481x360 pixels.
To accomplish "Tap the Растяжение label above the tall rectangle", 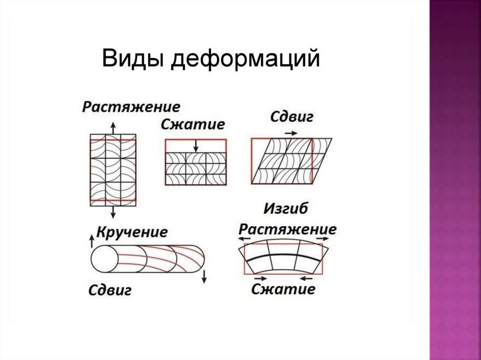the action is pyautogui.click(x=131, y=107).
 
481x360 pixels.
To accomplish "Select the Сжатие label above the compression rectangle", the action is pyautogui.click(x=193, y=124).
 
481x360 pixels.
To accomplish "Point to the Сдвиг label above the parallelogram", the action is pyautogui.click(x=291, y=117).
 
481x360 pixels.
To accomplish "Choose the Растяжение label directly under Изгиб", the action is pyautogui.click(x=287, y=230).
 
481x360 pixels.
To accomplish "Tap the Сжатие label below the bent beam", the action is pyautogui.click(x=283, y=288).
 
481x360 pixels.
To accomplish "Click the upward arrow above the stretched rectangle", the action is pyautogui.click(x=113, y=127).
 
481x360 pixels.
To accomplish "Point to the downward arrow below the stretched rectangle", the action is pyautogui.click(x=113, y=213).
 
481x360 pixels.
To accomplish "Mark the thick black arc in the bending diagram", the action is pyautogui.click(x=284, y=256).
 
